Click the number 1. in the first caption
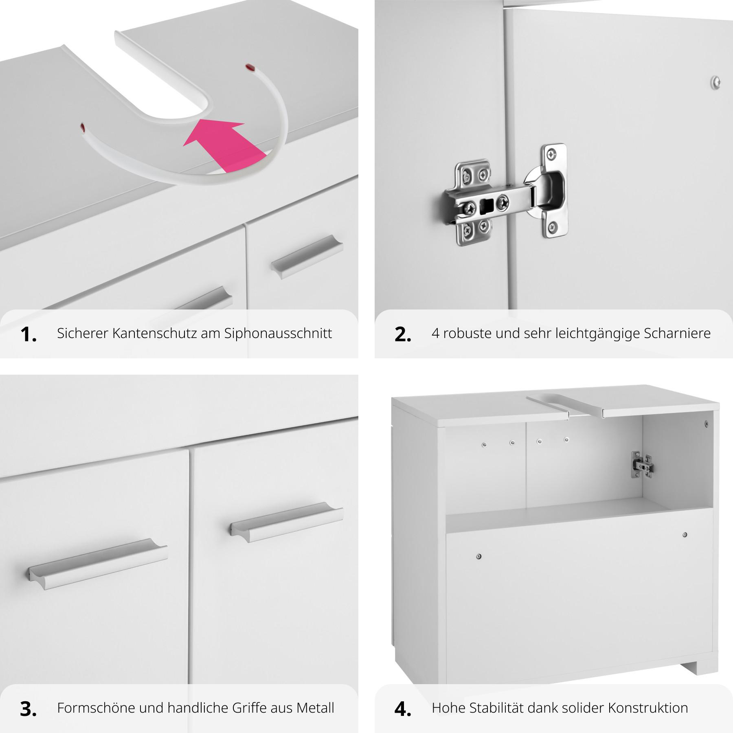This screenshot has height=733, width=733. coord(29,335)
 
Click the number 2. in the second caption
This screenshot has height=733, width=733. coord(403,335)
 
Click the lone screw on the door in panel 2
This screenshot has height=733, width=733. coord(716,82)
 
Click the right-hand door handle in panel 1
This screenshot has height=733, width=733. coord(307,257)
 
